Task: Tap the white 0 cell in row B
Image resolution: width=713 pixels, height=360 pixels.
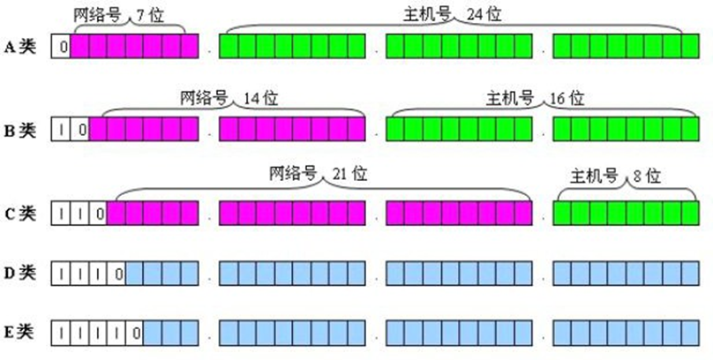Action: [x=79, y=131]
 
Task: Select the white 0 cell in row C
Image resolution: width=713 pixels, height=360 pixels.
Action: [x=98, y=213]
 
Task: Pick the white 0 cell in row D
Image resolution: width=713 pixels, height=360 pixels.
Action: [x=116, y=274]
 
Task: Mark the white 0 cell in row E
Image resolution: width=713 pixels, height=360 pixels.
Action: [x=134, y=334]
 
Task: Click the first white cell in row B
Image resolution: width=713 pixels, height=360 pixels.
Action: [x=61, y=131]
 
